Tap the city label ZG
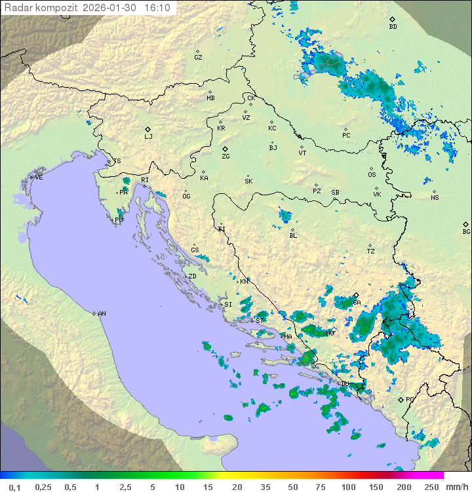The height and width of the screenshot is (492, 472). (x=226, y=157)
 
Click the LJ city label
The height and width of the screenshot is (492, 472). (x=148, y=137)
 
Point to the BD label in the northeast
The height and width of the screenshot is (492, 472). (x=393, y=27)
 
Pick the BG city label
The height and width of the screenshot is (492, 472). (x=466, y=231)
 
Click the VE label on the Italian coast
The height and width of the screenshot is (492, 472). (x=39, y=178)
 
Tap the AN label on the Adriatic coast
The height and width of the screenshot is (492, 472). (x=102, y=314)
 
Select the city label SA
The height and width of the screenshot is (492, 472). (x=357, y=303)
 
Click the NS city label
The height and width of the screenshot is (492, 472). (x=435, y=198)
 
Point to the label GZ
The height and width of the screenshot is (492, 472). (x=198, y=58)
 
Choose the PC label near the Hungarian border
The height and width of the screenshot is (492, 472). (x=346, y=136)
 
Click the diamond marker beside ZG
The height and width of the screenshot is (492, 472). (x=225, y=149)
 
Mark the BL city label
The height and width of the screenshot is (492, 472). (x=293, y=235)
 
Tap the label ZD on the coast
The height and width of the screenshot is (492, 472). (x=192, y=276)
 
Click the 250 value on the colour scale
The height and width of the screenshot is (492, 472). (x=431, y=487)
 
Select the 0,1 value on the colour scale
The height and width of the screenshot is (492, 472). (x=14, y=487)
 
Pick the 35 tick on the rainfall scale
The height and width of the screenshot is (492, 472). (x=265, y=487)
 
